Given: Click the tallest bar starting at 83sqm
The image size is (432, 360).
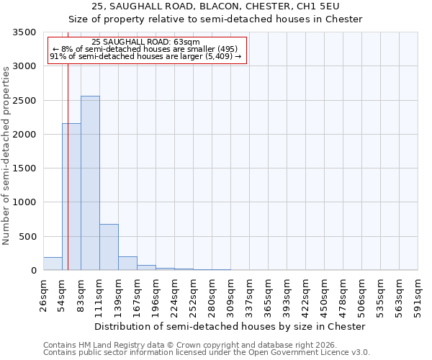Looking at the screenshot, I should coord(90,183).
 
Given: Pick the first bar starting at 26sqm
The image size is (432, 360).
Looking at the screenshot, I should coord(53,264).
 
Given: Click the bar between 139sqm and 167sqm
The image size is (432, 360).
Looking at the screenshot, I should coord(127,264).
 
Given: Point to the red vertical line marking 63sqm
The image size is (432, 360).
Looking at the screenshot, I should coord(68,158).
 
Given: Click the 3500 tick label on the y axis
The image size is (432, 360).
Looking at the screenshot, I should coord(24,32).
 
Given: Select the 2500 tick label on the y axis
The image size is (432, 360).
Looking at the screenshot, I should coord(24,101).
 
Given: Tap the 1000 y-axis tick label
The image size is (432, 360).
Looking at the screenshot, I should coord(24,202).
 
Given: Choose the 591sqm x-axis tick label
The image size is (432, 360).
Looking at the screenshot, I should coord(418,294).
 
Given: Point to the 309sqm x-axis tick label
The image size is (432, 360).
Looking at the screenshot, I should coord(230,294).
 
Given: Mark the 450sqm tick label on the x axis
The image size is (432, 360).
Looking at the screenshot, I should coord(324,294).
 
